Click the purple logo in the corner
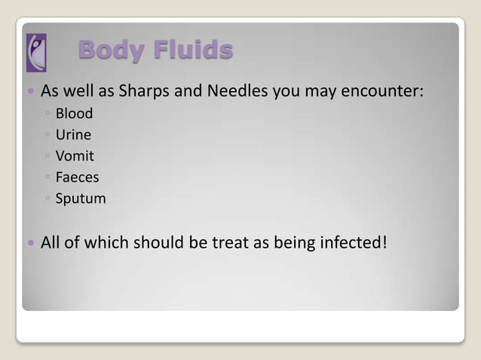pyautogui.click(x=35, y=52)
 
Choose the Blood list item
pyautogui.click(x=74, y=114)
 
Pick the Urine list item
pyautogui.click(x=73, y=135)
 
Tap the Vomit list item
pyautogui.click(x=75, y=157)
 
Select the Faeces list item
pyautogui.click(x=77, y=178)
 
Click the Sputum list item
pyautogui.click(x=81, y=200)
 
